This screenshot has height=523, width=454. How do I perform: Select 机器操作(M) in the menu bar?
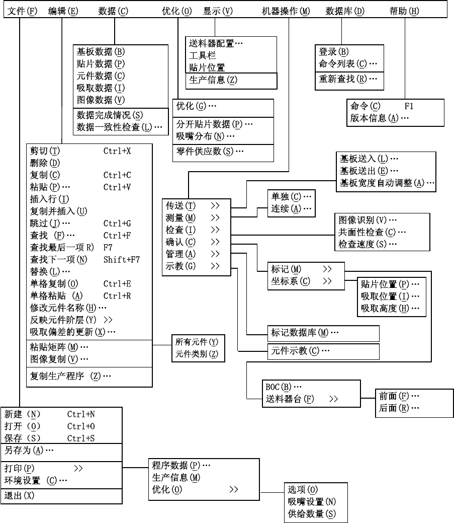[286, 11]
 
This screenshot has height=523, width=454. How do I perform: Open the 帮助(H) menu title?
[404, 11]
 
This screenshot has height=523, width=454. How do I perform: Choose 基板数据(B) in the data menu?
[101, 51]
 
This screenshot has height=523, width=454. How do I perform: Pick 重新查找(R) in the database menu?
[347, 79]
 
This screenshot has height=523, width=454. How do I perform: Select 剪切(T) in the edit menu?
[45, 151]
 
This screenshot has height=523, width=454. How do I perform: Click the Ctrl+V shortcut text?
[117, 187]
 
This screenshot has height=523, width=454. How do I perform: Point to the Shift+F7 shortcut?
[122, 260]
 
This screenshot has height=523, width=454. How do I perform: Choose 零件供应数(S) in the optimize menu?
[210, 151]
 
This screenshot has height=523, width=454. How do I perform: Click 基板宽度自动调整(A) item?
[387, 183]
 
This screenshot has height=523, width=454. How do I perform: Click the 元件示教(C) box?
[301, 351]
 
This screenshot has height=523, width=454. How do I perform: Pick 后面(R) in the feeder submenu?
[399, 408]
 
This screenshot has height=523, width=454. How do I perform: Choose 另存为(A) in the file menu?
[29, 449]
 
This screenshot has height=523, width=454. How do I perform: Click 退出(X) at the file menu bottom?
[19, 495]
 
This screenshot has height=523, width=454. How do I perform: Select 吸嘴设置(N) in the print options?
[312, 501]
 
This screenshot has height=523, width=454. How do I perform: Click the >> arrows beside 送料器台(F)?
[333, 399]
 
